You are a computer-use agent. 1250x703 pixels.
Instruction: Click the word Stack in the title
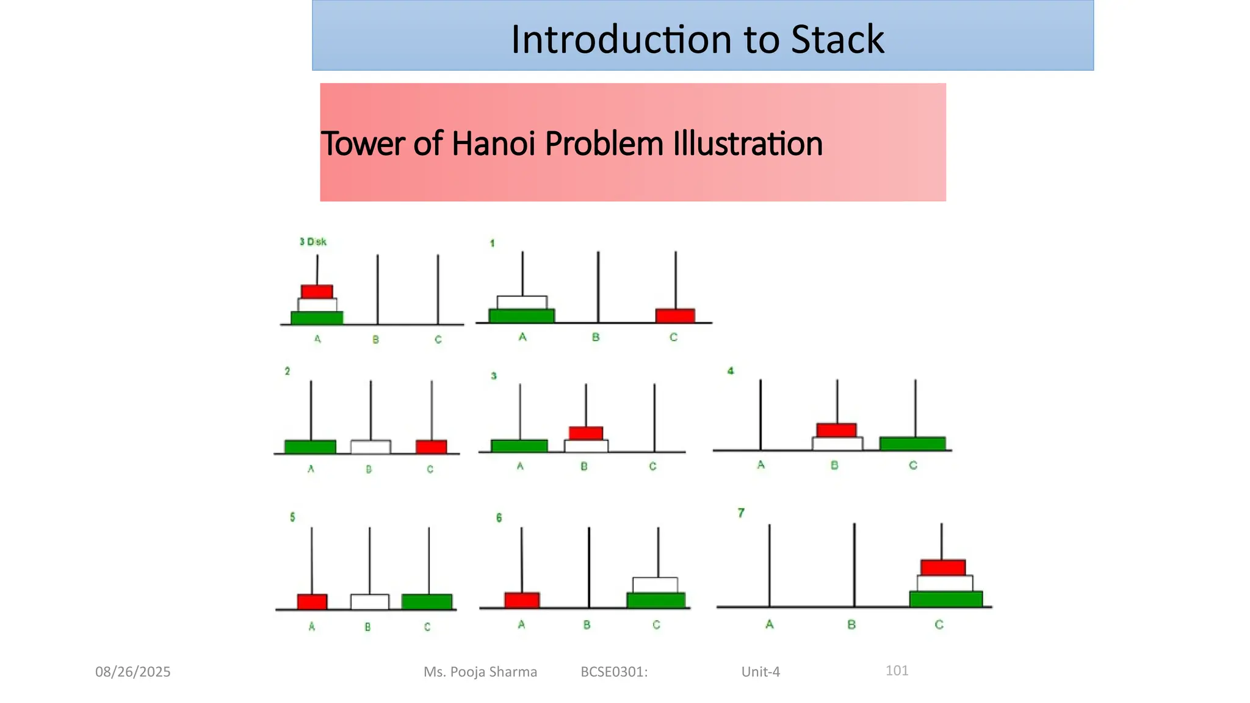coord(837,40)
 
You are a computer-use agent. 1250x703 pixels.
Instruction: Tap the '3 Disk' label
coord(313,242)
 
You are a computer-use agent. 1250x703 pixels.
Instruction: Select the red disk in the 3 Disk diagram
coord(317,291)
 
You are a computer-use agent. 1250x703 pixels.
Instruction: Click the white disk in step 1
coord(522,302)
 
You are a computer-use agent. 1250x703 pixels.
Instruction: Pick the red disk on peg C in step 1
coord(675,315)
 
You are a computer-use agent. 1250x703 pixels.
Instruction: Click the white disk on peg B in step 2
coord(370,447)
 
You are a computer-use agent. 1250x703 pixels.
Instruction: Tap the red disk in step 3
coord(586,433)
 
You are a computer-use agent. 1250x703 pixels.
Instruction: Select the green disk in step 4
coord(912,443)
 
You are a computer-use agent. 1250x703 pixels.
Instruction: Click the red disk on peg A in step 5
coord(312,601)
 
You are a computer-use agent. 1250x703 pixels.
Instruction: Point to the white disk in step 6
coord(655,585)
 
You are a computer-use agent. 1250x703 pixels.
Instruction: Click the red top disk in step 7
coord(943,567)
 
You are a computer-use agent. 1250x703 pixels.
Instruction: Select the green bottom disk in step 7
coord(946,599)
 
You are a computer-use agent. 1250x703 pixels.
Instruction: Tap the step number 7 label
coord(741,513)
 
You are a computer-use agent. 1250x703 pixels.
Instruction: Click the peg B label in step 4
coord(834,465)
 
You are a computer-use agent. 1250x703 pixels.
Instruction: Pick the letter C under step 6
coord(656,625)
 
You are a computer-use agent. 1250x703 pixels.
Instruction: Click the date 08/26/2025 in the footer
coord(133,672)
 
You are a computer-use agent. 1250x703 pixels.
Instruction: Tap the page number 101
coord(897,671)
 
